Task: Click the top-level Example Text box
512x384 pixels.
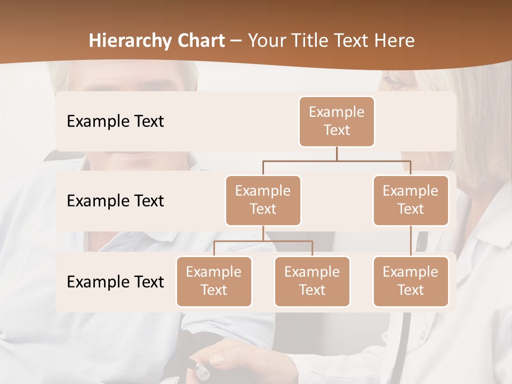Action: [x=337, y=122]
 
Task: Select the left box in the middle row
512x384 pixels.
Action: [x=263, y=200]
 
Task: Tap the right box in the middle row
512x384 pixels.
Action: [x=411, y=200]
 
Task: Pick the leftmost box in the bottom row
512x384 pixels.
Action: [x=214, y=281]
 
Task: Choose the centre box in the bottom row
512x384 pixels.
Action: [x=312, y=281]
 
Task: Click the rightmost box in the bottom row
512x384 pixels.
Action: [x=411, y=281]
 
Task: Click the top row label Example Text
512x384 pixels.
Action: [x=115, y=122]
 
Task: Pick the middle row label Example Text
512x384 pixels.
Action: [x=115, y=201]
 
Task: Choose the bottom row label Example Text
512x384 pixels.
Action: [x=115, y=282]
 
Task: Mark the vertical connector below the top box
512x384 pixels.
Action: [x=337, y=154]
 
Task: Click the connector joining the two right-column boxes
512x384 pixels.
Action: [x=411, y=241]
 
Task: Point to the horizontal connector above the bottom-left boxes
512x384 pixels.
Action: [x=263, y=241]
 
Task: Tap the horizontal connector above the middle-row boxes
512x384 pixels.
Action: [x=337, y=160]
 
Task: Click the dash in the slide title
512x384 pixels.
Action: [x=236, y=41]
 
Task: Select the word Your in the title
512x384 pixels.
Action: [x=266, y=41]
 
